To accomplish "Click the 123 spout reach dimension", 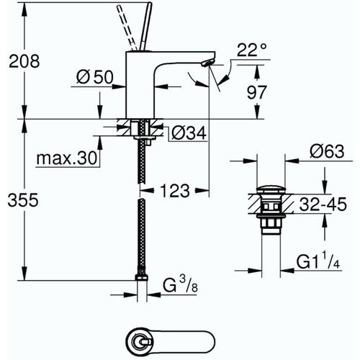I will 175,191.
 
